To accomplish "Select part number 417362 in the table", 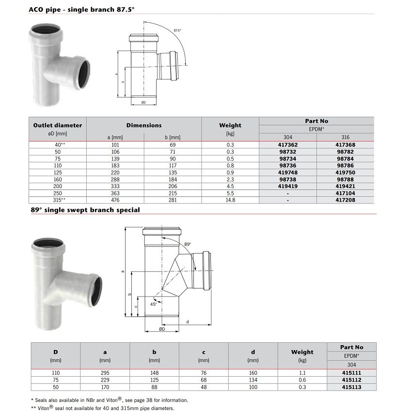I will pos(288,144).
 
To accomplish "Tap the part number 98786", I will pos(345,165).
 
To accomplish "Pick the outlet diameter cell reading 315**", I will pos(58,199).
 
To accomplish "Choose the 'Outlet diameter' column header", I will pos(58,125).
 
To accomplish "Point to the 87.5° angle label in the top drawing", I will pos(177,31).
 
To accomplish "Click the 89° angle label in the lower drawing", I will pos(188,244).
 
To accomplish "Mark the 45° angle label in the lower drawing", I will pos(153,304).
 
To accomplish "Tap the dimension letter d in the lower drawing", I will pos(187,321).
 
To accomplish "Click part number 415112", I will pos(351,380).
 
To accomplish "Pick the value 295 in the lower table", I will pos(105,373).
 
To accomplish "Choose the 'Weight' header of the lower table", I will pos(302,352).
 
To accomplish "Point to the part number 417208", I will pos(345,199).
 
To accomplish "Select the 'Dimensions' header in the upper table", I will pos(144,125).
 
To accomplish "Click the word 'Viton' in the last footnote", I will pos(47,408).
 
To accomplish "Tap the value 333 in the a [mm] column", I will pos(115,186).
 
